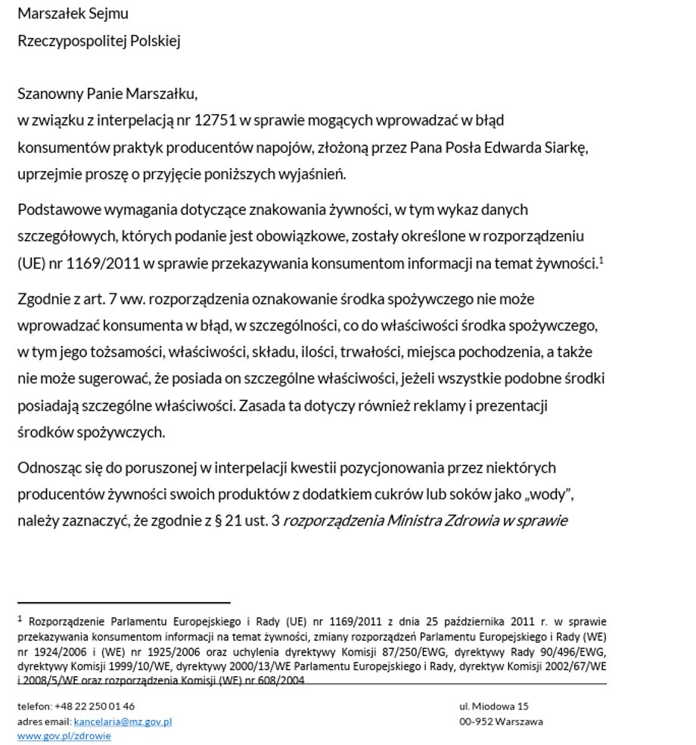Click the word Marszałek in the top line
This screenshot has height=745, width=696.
51,14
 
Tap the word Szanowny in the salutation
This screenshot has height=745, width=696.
49,94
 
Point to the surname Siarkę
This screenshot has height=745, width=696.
565,147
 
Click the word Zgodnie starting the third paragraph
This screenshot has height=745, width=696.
44,299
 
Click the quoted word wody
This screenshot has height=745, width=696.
554,494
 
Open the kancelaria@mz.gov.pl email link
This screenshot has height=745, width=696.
123,722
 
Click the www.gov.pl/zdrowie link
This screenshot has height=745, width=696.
64,736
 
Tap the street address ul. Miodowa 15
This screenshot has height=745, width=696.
493,706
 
